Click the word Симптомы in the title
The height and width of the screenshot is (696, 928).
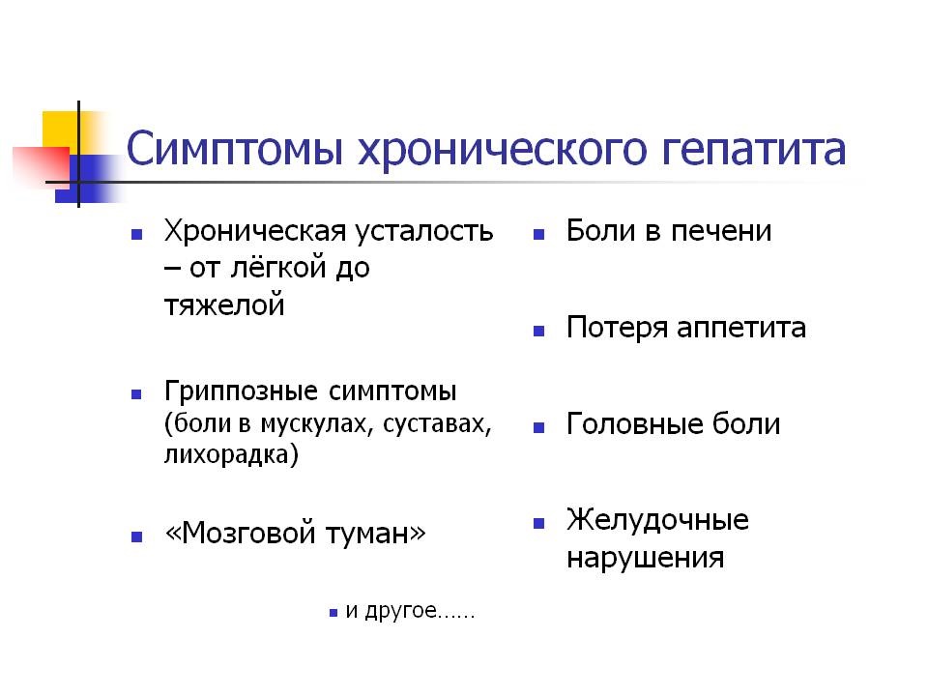pyautogui.click(x=235, y=148)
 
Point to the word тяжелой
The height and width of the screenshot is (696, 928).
pyautogui.click(x=224, y=305)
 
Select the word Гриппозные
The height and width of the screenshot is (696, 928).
pyautogui.click(x=241, y=391)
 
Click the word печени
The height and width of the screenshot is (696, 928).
pyautogui.click(x=721, y=231)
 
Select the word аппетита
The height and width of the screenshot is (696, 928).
pyautogui.click(x=741, y=329)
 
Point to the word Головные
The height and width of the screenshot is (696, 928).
pyautogui.click(x=634, y=423)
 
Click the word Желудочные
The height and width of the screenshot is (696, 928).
pyautogui.click(x=657, y=521)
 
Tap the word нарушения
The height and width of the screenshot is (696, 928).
pyautogui.click(x=645, y=558)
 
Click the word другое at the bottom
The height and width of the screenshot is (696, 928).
pyautogui.click(x=400, y=610)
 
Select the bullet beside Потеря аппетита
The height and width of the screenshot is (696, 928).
pyautogui.click(x=538, y=331)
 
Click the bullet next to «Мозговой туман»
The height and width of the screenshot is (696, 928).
pyautogui.click(x=136, y=536)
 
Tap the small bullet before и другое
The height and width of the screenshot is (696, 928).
pyautogui.click(x=333, y=613)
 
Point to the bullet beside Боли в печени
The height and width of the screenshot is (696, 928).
pyautogui.click(x=538, y=234)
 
